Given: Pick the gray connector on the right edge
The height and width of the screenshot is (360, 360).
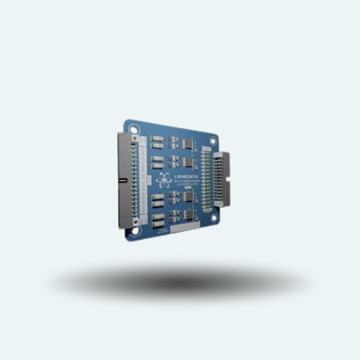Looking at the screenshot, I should (x=222, y=179).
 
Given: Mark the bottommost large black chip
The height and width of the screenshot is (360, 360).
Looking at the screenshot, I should (x=187, y=215).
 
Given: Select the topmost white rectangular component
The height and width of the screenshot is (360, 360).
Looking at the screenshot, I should (x=156, y=139).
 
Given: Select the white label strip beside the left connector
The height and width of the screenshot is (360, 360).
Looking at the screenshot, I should (x=143, y=180).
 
